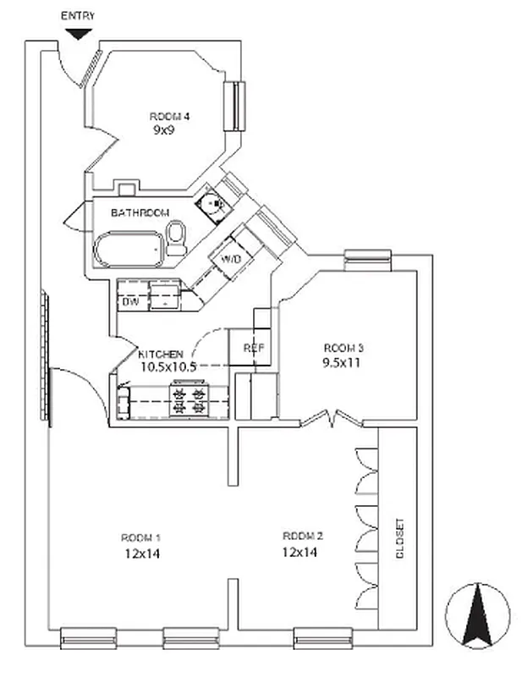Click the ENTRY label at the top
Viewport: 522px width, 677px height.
(x=78, y=16)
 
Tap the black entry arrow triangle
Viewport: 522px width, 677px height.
(x=78, y=34)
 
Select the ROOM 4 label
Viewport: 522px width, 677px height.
(x=169, y=117)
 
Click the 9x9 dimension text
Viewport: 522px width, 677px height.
(x=163, y=129)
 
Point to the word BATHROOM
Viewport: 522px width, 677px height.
(x=140, y=213)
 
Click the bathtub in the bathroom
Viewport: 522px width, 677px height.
(x=129, y=250)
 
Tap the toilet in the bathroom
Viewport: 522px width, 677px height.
(x=176, y=238)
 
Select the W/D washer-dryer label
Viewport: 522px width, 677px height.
(x=231, y=260)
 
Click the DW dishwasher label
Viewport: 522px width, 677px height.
(x=130, y=302)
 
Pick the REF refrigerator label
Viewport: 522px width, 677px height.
(x=254, y=348)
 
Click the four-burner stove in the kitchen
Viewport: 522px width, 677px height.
(x=189, y=399)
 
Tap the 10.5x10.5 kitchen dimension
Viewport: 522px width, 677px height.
(x=168, y=367)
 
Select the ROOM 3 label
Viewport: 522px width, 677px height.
(x=343, y=348)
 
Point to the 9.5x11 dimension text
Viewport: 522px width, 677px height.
(x=341, y=363)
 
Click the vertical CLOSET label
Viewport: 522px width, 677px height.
(x=400, y=538)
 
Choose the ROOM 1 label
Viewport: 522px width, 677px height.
(x=140, y=538)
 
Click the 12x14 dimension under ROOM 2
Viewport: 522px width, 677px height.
(x=299, y=553)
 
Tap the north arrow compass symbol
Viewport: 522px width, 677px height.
(x=477, y=616)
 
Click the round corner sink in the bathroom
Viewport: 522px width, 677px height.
(x=212, y=203)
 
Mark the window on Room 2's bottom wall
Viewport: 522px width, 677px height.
(x=323, y=638)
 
